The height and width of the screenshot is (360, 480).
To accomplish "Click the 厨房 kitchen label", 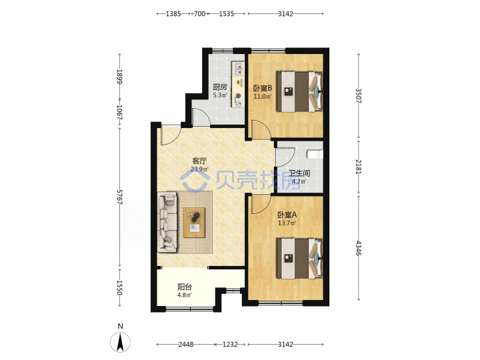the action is tap(220, 87).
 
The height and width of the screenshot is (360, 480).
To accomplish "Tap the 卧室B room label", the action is tap(263, 88).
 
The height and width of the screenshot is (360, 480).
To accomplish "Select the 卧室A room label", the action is tap(287, 215).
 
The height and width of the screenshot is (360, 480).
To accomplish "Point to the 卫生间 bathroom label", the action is tap(299, 173).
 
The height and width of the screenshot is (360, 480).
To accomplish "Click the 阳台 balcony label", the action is tap(185, 287).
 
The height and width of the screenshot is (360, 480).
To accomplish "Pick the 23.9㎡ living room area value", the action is tap(199, 169).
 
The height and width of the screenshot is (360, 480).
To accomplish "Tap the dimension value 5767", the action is tap(120, 197).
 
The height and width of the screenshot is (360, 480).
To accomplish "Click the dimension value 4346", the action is tap(359, 248).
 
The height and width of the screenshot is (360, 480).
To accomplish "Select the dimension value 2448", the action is tap(186, 345).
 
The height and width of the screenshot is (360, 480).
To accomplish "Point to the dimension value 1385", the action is tap(173, 14).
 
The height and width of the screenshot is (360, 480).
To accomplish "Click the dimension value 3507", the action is tap(359, 96).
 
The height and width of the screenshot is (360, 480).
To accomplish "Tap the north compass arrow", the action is tap(120, 342).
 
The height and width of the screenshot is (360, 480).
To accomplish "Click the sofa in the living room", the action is tap(167, 222).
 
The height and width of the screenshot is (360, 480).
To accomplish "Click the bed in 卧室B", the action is tap(299, 91).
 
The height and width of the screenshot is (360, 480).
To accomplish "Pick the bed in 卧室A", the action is tap(299, 259).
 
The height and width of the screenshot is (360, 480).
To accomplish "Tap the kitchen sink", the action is tap(239, 69).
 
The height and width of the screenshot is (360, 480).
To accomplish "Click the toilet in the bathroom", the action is tap(315, 154).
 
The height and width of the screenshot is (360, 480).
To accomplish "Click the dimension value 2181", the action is tap(359, 167).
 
